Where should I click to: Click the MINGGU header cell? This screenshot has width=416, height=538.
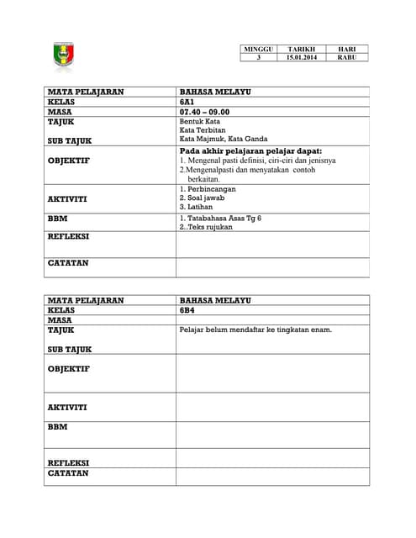coord(258,50)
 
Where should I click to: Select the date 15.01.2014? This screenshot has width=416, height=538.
coord(300,58)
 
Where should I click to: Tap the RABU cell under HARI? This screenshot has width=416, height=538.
coord(346,58)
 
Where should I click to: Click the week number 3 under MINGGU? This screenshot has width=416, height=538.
coord(258,58)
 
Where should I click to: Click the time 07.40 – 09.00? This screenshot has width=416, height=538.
coord(204,111)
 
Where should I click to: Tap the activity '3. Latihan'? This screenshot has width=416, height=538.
coord(197,206)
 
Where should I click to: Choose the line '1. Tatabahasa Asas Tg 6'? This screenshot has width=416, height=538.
coord(220,217)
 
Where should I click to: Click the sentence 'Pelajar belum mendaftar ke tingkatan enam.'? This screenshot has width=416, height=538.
coord(255,330)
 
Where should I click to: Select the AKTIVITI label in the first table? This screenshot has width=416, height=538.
coord(67,198)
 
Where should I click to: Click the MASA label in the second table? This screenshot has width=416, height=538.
coord(59,320)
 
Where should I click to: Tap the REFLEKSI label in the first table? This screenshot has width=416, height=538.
coord(69,236)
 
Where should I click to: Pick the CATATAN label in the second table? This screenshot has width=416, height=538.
coord(68,472)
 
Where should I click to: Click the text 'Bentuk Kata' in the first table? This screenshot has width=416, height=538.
coord(199,122)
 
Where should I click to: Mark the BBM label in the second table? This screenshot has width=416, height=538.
coord(57,426)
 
